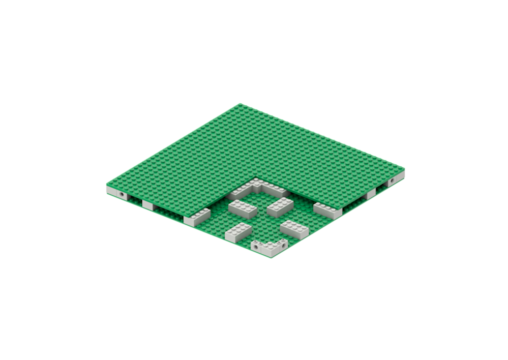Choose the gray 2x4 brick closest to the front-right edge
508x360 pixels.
point(294,229)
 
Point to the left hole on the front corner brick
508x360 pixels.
point(258,247)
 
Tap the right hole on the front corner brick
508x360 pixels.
point(279,246)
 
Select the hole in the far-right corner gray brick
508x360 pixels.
point(393,182)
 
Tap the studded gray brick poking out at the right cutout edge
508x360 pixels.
point(327,210)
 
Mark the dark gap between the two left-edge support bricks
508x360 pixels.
point(168,212)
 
